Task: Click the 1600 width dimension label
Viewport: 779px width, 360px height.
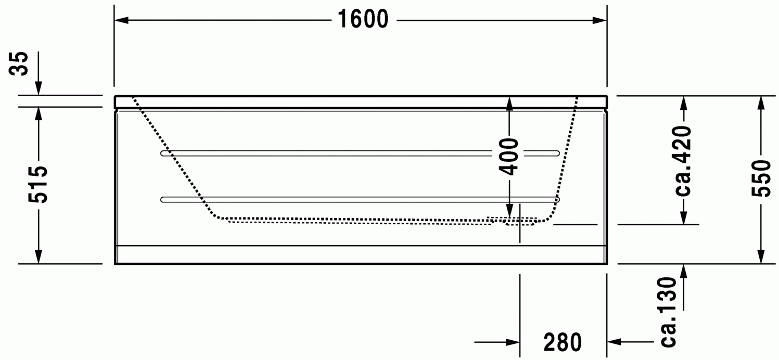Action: coord(363,19)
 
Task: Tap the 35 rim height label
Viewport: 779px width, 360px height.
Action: coord(19,63)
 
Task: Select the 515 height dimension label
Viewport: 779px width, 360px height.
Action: coord(38,185)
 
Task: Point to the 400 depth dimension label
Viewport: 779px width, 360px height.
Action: coord(509,157)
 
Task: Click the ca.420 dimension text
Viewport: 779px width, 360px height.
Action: coord(683,161)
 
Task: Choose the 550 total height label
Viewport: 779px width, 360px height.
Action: coord(761,178)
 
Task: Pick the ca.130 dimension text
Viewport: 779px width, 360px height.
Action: coord(668,312)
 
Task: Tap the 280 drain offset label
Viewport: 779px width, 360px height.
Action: coord(563,342)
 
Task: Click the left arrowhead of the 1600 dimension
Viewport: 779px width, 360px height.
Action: coord(121,20)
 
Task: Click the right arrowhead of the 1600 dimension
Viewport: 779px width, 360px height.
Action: coord(600,20)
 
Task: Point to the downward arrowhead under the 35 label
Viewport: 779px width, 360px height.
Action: coord(39,88)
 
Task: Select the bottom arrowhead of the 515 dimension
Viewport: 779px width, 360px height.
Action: coord(39,256)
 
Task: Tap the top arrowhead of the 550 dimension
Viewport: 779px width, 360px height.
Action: coord(761,103)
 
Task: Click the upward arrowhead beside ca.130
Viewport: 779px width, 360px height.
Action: coord(683,271)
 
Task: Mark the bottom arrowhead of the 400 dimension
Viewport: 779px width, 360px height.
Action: coord(509,211)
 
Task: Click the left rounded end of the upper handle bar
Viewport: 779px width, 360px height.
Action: coord(163,153)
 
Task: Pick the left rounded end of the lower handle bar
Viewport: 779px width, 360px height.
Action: coord(163,200)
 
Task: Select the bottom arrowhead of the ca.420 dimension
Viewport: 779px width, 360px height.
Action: coord(683,218)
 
